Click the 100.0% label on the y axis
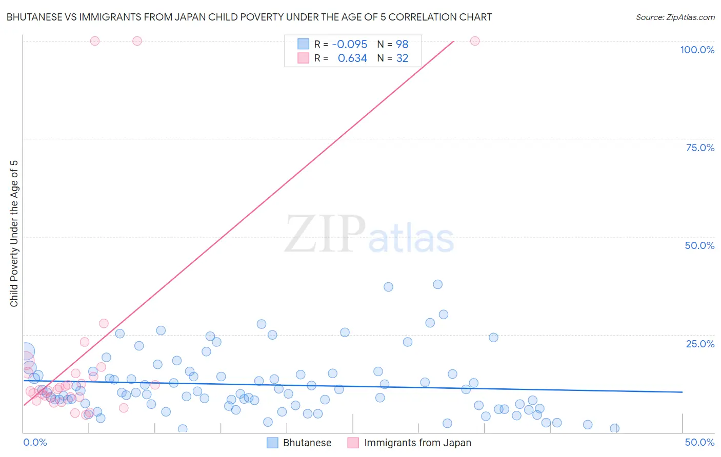click(697, 50)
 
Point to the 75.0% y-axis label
click(700, 148)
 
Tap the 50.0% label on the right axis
click(699, 245)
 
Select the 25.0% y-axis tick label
click(700, 344)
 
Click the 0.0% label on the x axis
click(35, 442)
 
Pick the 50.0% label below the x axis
click(699, 442)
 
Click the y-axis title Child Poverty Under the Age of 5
click(14, 234)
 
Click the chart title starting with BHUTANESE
click(249, 17)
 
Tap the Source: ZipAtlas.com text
click(675, 17)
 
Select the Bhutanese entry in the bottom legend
click(307, 443)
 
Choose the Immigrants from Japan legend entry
click(417, 443)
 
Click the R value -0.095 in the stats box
click(350, 45)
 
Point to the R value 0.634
click(352, 58)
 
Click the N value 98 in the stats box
click(402, 45)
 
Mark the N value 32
click(402, 58)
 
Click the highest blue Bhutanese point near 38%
click(437, 284)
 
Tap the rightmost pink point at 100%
click(475, 41)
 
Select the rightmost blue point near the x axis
click(614, 428)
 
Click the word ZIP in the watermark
click(325, 234)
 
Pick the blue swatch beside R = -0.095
click(304, 44)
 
